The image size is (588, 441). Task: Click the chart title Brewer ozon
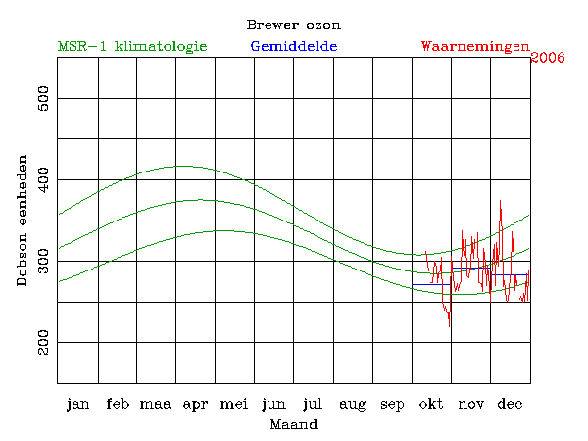click(x=294, y=24)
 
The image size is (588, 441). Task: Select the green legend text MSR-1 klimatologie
click(x=132, y=46)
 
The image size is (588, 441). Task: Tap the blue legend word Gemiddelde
click(x=294, y=46)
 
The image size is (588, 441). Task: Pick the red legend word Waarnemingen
click(x=475, y=46)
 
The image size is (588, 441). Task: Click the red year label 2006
click(x=547, y=58)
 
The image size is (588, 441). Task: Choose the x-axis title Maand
click(x=293, y=425)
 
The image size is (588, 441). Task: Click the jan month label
click(x=77, y=404)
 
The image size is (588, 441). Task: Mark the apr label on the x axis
click(x=196, y=404)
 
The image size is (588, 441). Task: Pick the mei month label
click(x=235, y=404)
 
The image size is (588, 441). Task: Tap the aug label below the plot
click(x=353, y=404)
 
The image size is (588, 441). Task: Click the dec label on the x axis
click(x=510, y=404)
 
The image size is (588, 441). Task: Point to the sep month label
click(x=392, y=404)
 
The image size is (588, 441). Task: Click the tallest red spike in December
click(x=501, y=201)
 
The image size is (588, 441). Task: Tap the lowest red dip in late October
click(x=450, y=325)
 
